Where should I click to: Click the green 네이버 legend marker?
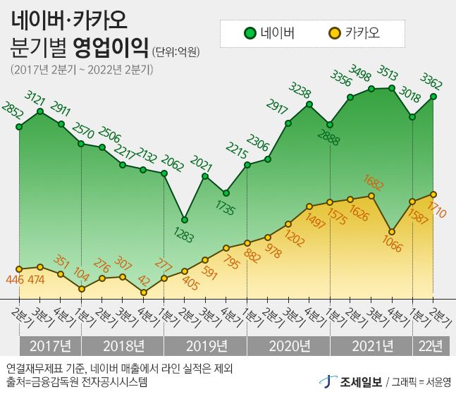click(x=249, y=32)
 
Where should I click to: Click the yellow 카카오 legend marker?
click(x=334, y=32)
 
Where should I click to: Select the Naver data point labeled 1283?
click(x=185, y=219)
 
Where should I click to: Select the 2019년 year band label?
click(x=205, y=345)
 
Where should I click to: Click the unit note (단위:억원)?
click(x=176, y=51)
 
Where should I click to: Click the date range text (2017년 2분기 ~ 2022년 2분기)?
click(x=82, y=70)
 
